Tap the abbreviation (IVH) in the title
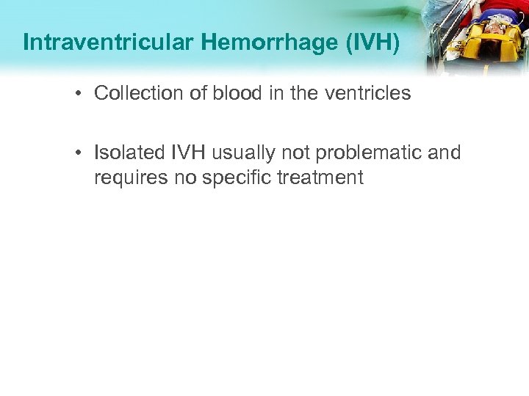[x=373, y=43]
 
